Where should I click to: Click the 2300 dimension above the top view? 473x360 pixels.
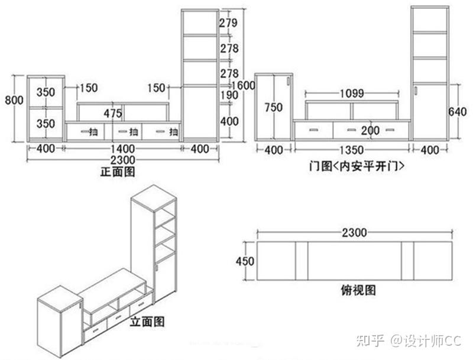click(354, 233)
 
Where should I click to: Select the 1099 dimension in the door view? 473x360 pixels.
click(352, 93)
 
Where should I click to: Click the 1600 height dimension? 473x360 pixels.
click(244, 86)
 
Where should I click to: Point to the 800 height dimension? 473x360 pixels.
click(14, 100)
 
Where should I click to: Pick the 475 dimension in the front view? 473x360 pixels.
click(113, 113)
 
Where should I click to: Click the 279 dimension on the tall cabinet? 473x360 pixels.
click(228, 24)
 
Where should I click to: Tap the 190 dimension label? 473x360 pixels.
click(228, 95)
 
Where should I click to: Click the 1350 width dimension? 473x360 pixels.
click(352, 150)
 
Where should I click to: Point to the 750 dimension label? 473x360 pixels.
click(273, 108)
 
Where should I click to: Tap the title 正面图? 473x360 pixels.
click(118, 172)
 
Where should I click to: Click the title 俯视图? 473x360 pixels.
click(358, 290)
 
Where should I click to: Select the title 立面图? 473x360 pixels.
click(147, 322)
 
